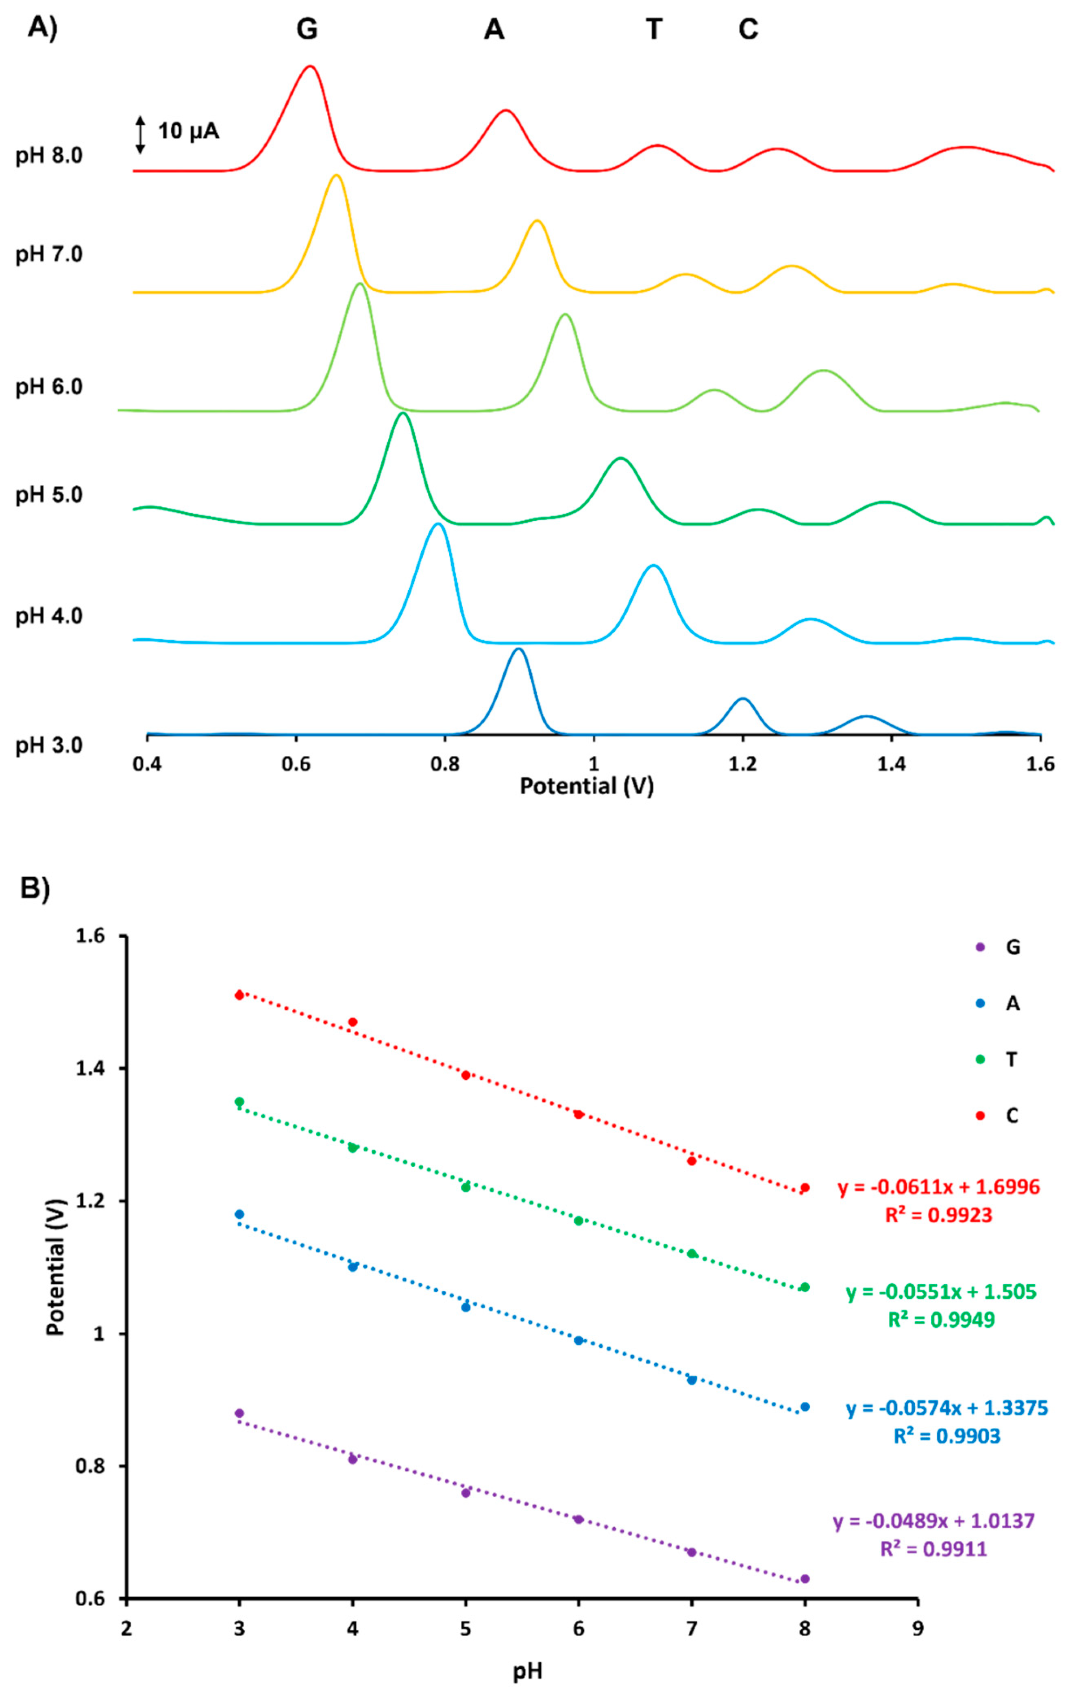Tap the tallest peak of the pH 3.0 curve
[x=518, y=649]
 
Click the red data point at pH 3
[x=239, y=995]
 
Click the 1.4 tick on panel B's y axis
[x=91, y=1068]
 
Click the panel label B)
[x=35, y=889]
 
